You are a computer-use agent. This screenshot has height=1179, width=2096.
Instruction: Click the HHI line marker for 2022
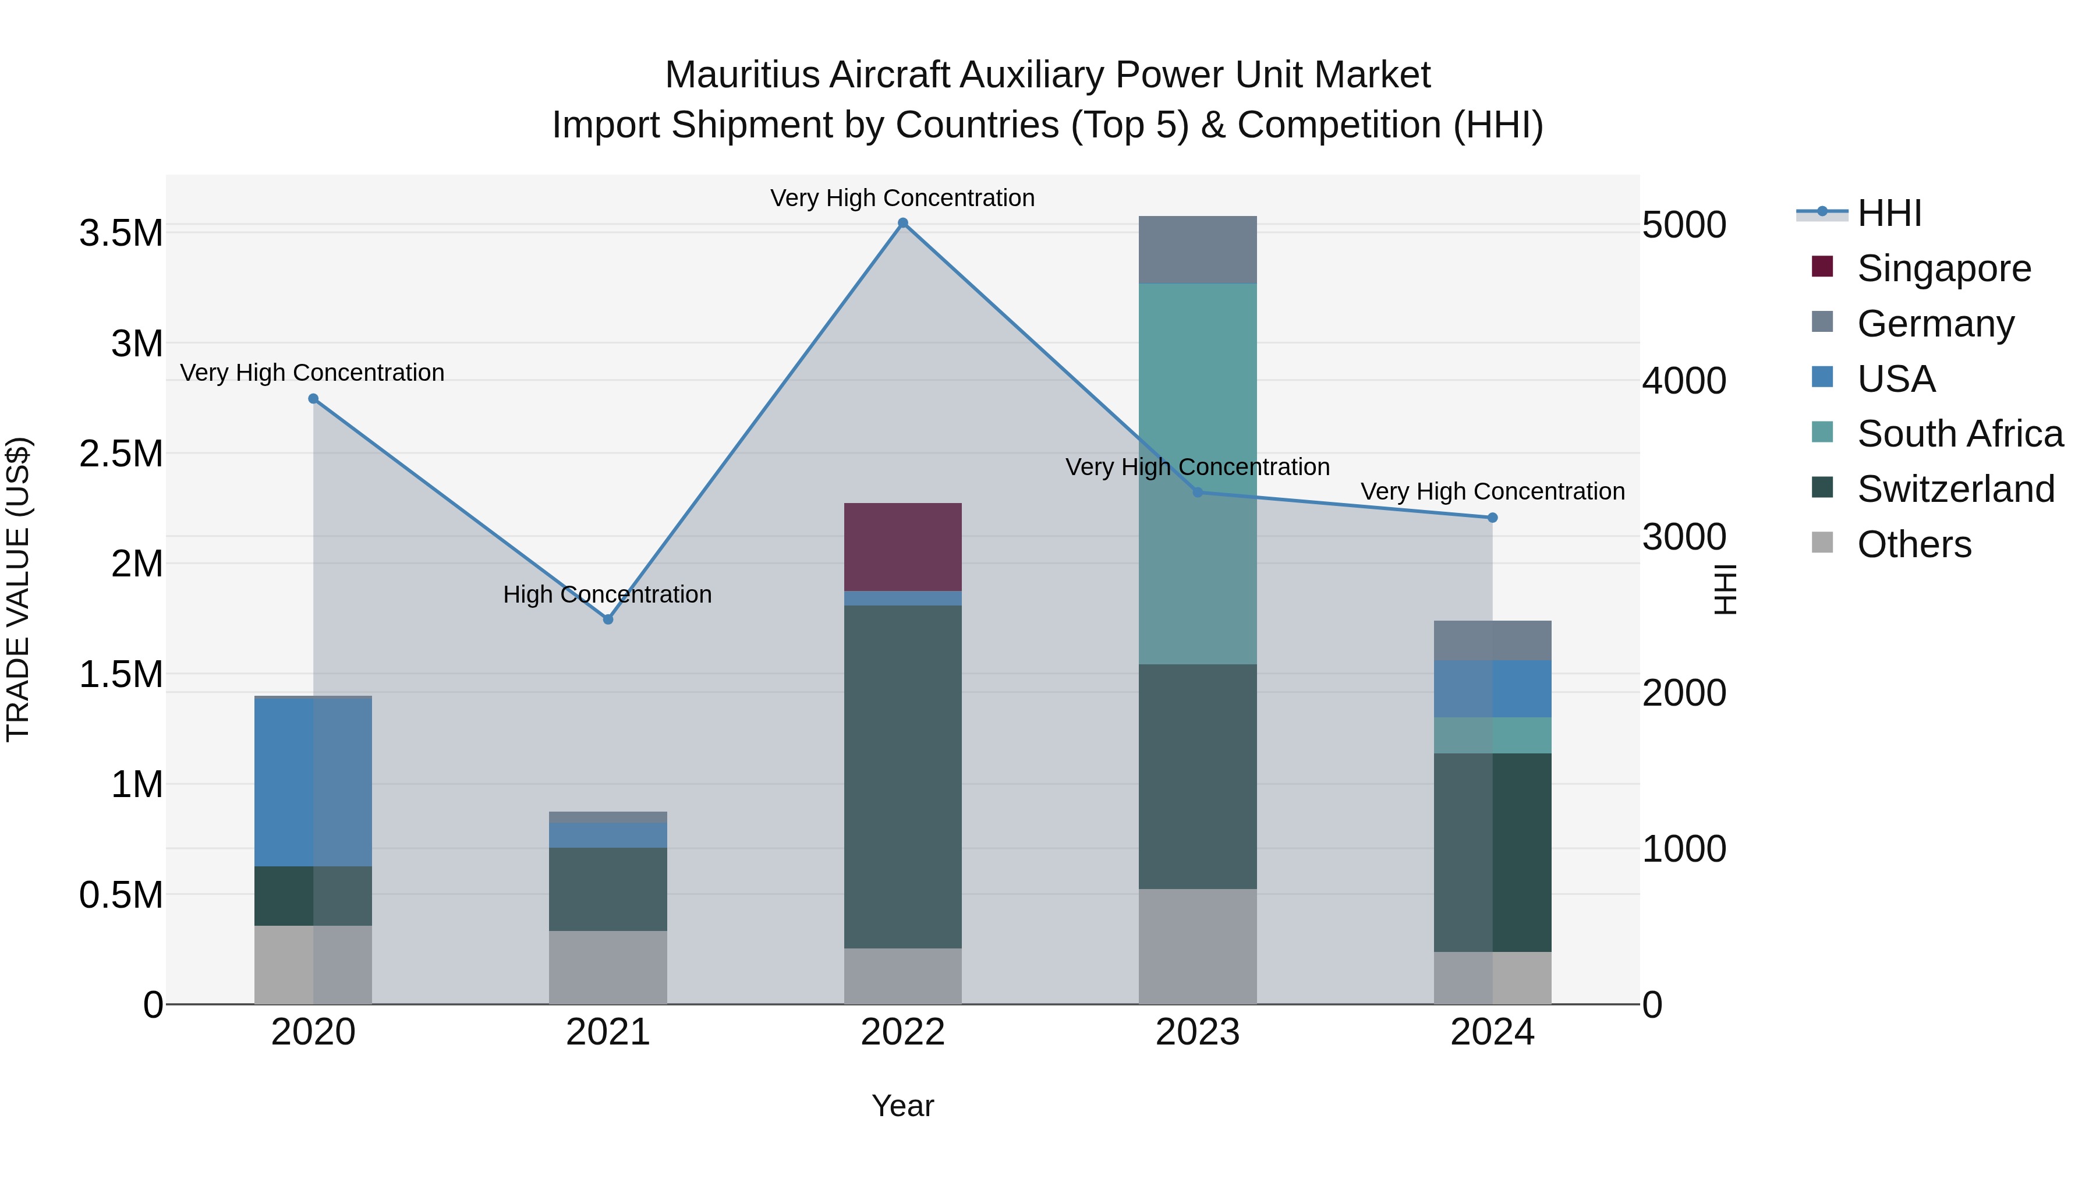click(x=902, y=223)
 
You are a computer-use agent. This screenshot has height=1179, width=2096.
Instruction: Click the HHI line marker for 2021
click(x=608, y=619)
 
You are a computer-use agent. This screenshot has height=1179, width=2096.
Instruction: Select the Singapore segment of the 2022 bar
click(x=902, y=547)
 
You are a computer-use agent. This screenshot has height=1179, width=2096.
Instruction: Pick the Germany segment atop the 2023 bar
click(x=1197, y=250)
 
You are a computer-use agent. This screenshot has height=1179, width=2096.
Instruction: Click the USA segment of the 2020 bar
click(x=313, y=783)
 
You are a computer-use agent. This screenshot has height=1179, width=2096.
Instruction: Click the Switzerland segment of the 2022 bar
click(x=902, y=777)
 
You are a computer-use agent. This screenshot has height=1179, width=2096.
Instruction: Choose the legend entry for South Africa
click(x=1959, y=434)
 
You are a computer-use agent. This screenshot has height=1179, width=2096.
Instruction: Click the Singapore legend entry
click(x=1943, y=268)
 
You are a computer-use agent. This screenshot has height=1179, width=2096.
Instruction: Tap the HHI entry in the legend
click(x=1889, y=213)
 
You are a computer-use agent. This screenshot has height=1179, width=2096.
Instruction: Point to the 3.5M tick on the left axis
click(x=121, y=233)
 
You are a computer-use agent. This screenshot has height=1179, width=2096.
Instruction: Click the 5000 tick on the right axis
click(x=1683, y=225)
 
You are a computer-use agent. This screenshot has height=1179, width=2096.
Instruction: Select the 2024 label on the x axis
click(x=1492, y=1032)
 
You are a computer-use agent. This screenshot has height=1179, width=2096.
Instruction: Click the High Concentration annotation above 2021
click(x=607, y=595)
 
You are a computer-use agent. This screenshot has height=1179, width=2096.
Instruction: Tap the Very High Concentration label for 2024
click(x=1492, y=491)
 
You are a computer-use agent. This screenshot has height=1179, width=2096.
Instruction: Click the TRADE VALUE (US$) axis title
click(x=19, y=589)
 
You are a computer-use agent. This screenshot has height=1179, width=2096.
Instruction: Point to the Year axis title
click(x=902, y=1106)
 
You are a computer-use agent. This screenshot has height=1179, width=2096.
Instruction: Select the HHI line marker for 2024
click(x=1492, y=518)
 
